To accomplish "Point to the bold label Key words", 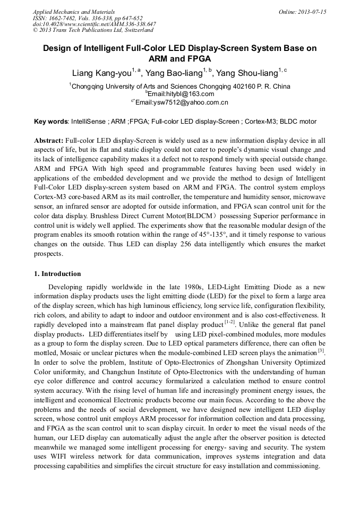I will (50, 122).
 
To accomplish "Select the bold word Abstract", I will (48, 141).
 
